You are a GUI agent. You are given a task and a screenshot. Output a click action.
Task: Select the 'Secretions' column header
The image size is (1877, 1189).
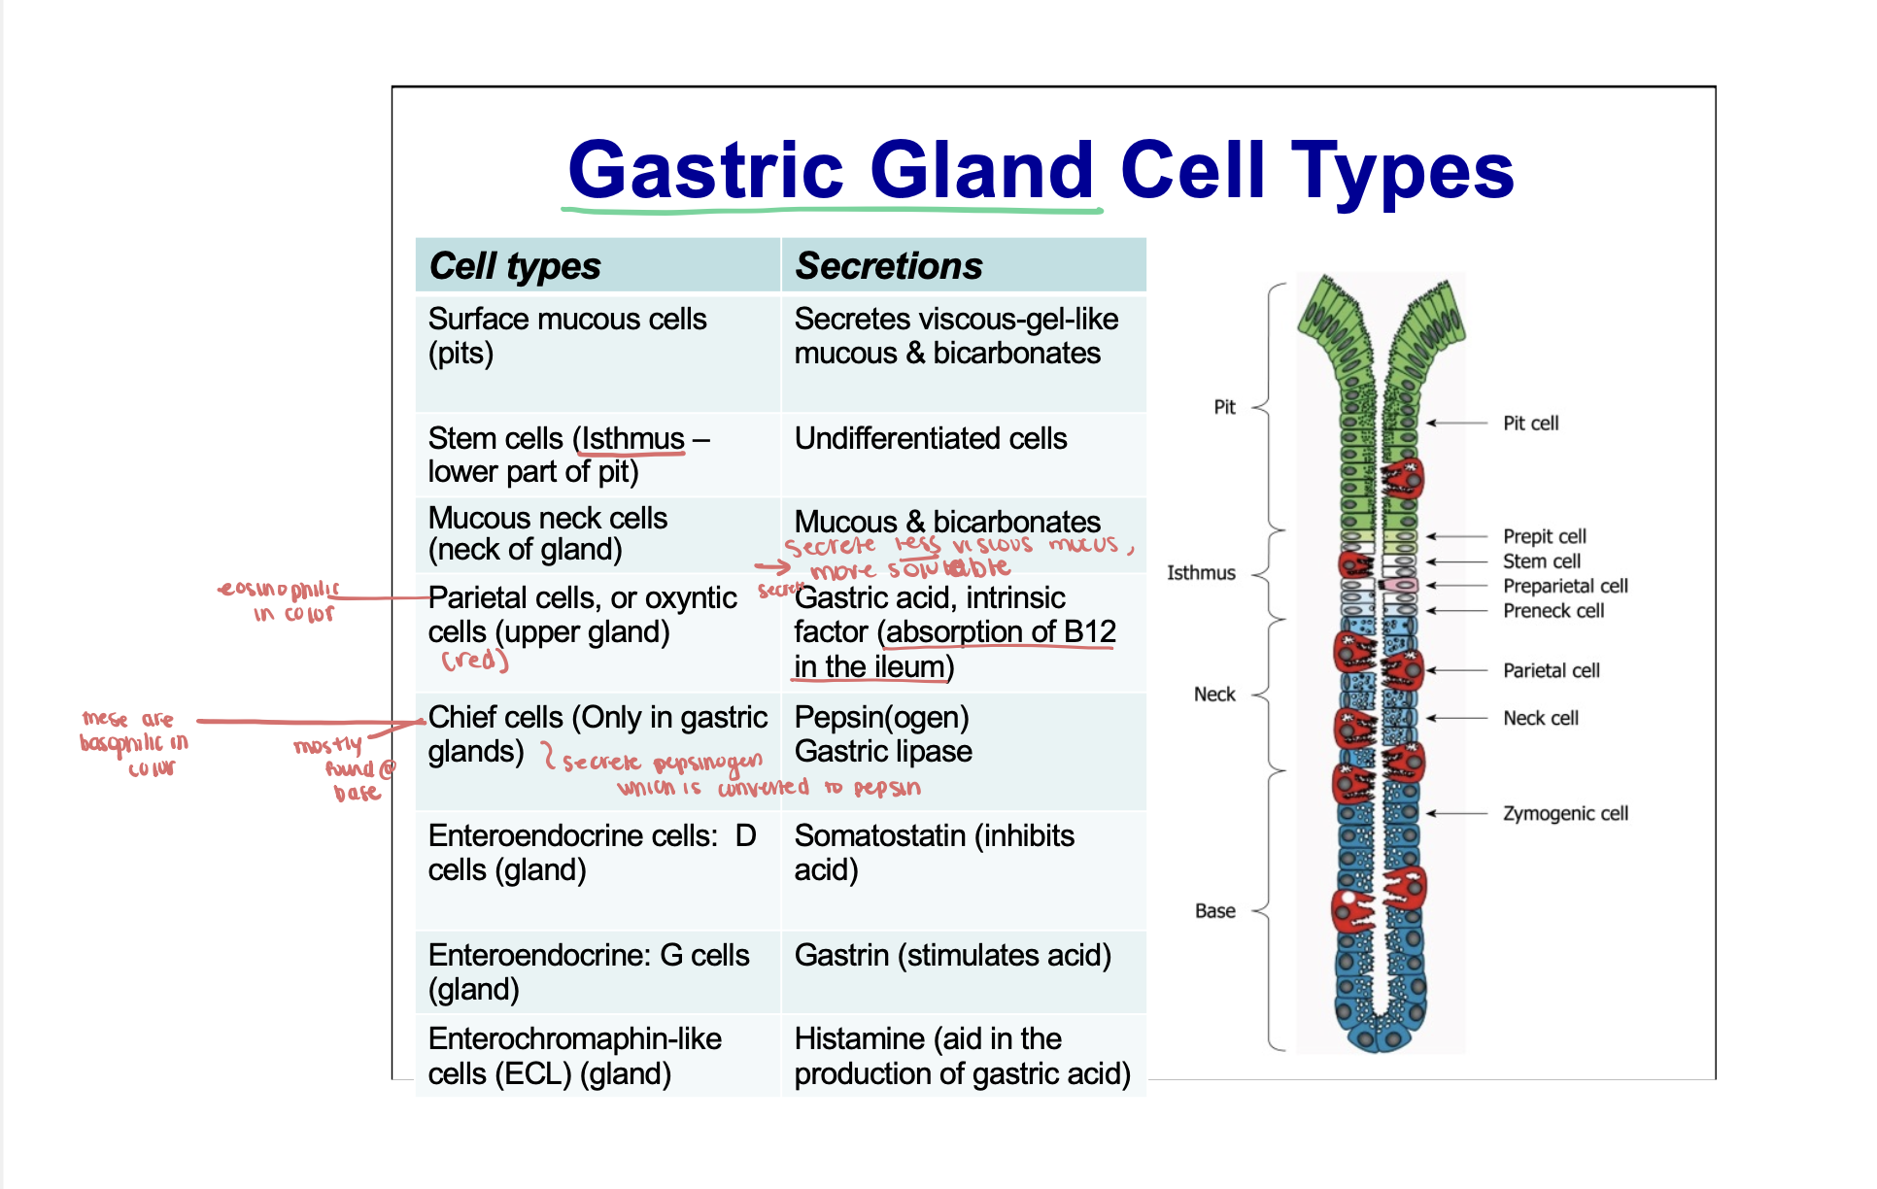pos(888,266)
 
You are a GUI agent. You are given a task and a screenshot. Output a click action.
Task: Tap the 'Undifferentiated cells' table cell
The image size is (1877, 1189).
pos(930,439)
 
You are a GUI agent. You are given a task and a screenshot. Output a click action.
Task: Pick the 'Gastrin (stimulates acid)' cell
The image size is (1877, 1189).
pos(952,956)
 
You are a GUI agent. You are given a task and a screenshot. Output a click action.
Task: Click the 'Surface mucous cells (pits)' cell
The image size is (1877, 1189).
pos(566,336)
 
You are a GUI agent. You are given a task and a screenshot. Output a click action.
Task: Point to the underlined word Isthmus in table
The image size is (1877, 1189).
pos(632,439)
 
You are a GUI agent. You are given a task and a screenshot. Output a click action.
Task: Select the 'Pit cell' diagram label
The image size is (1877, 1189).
pos(1530,424)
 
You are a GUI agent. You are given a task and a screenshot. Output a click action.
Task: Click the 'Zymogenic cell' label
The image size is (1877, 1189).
pos(1564,814)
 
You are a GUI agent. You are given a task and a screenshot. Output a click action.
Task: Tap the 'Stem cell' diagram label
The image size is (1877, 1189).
pos(1541,561)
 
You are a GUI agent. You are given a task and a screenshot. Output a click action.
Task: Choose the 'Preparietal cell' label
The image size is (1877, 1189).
pos(1564,587)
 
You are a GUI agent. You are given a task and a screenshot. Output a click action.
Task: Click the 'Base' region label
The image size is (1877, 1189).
pos(1214,911)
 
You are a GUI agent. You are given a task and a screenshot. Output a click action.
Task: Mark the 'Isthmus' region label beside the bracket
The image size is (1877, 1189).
pos(1201,573)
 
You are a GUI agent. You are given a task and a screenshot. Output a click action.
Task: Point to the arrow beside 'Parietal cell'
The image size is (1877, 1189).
pos(1456,670)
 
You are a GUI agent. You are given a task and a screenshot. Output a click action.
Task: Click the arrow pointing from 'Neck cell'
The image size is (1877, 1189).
pos(1456,718)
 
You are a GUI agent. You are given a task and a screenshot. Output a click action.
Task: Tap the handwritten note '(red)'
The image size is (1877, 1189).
pos(474,661)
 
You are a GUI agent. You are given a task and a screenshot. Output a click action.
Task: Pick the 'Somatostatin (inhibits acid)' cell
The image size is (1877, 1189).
pos(933,853)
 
